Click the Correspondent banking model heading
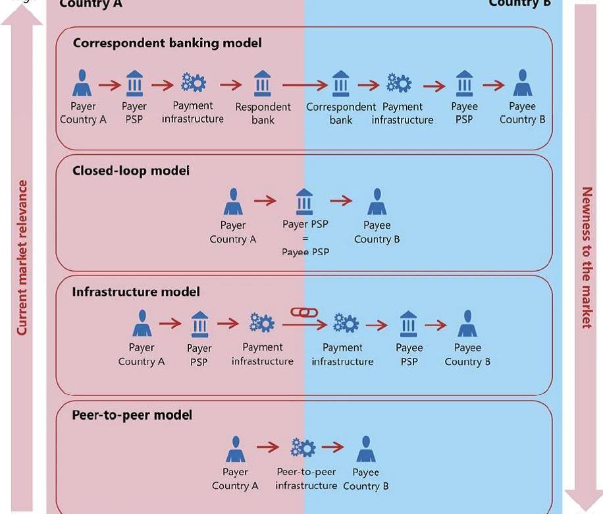tap(167, 43)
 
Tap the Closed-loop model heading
tap(130, 170)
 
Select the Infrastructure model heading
tap(136, 292)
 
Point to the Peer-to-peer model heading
tap(132, 415)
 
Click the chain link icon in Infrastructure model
tap(301, 312)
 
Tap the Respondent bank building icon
tap(262, 84)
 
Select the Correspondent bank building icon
tap(341, 84)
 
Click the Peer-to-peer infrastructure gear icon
tap(303, 448)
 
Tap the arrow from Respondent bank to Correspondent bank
tap(305, 85)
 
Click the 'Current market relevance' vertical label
tap(22, 257)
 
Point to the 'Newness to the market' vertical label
tap(586, 257)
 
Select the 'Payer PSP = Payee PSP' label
tap(305, 238)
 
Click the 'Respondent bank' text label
tap(263, 113)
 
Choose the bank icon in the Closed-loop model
tap(304, 202)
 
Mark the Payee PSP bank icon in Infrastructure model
tap(409, 324)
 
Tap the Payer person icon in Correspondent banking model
tap(82, 84)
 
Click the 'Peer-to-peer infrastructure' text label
tap(306, 479)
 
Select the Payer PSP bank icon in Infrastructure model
tap(199, 324)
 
